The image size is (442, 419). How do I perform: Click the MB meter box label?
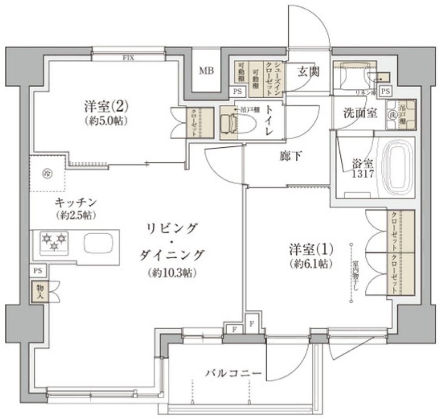click(x=206, y=71)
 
